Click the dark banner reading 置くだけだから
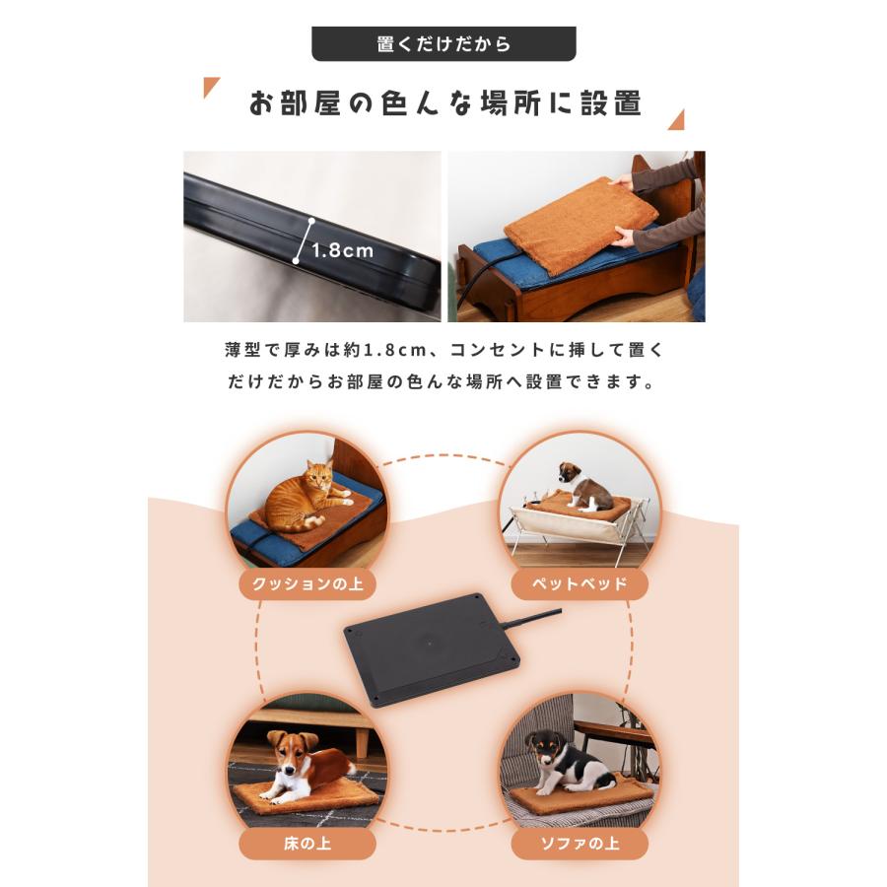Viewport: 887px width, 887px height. [443, 44]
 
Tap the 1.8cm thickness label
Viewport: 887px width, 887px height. [342, 250]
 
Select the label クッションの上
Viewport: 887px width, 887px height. [307, 584]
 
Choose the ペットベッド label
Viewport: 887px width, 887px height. [579, 584]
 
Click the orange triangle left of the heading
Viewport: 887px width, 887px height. [211, 89]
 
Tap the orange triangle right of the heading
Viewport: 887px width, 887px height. [675, 120]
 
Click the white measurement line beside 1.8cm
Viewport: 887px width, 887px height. [303, 242]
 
